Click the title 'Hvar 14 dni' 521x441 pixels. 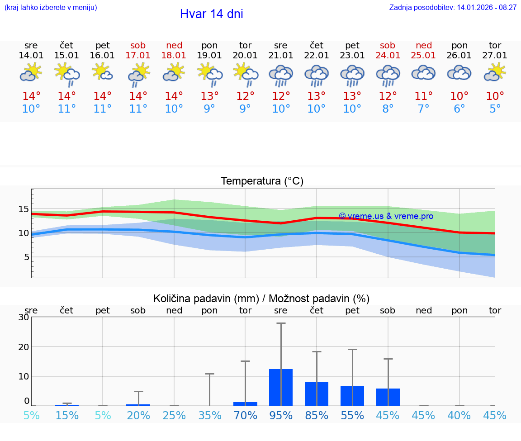[211, 14]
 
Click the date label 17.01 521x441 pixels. [138, 56]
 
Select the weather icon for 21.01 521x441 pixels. [281, 74]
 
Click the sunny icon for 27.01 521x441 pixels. [495, 72]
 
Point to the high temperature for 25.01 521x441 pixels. [423, 96]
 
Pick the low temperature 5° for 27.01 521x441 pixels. [495, 109]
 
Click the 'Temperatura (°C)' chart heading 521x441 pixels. [262, 181]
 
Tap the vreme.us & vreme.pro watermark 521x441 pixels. [386, 216]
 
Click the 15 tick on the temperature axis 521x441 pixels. [24, 209]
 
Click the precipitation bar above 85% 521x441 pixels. [317, 394]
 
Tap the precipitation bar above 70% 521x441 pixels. [245, 403]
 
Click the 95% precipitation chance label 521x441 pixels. [281, 415]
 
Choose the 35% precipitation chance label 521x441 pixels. [209, 415]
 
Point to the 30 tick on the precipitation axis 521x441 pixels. [24, 317]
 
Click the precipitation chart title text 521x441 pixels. [261, 299]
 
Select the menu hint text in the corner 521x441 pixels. [50, 7]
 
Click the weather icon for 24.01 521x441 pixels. [388, 74]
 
